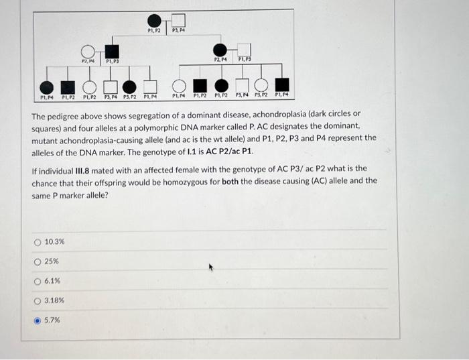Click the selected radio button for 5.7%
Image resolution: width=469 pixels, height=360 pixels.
38,320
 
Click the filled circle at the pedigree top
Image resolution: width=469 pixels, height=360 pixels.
154,20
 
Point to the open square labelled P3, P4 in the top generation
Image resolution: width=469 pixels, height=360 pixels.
178,20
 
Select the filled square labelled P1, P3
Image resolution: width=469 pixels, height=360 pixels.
111,51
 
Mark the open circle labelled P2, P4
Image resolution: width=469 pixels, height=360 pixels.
88,51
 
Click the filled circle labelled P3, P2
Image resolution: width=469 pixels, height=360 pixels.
129,86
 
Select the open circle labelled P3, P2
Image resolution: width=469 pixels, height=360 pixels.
262,86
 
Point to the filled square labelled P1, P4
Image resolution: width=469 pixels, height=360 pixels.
283,86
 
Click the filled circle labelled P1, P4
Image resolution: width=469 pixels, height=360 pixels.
46,86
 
